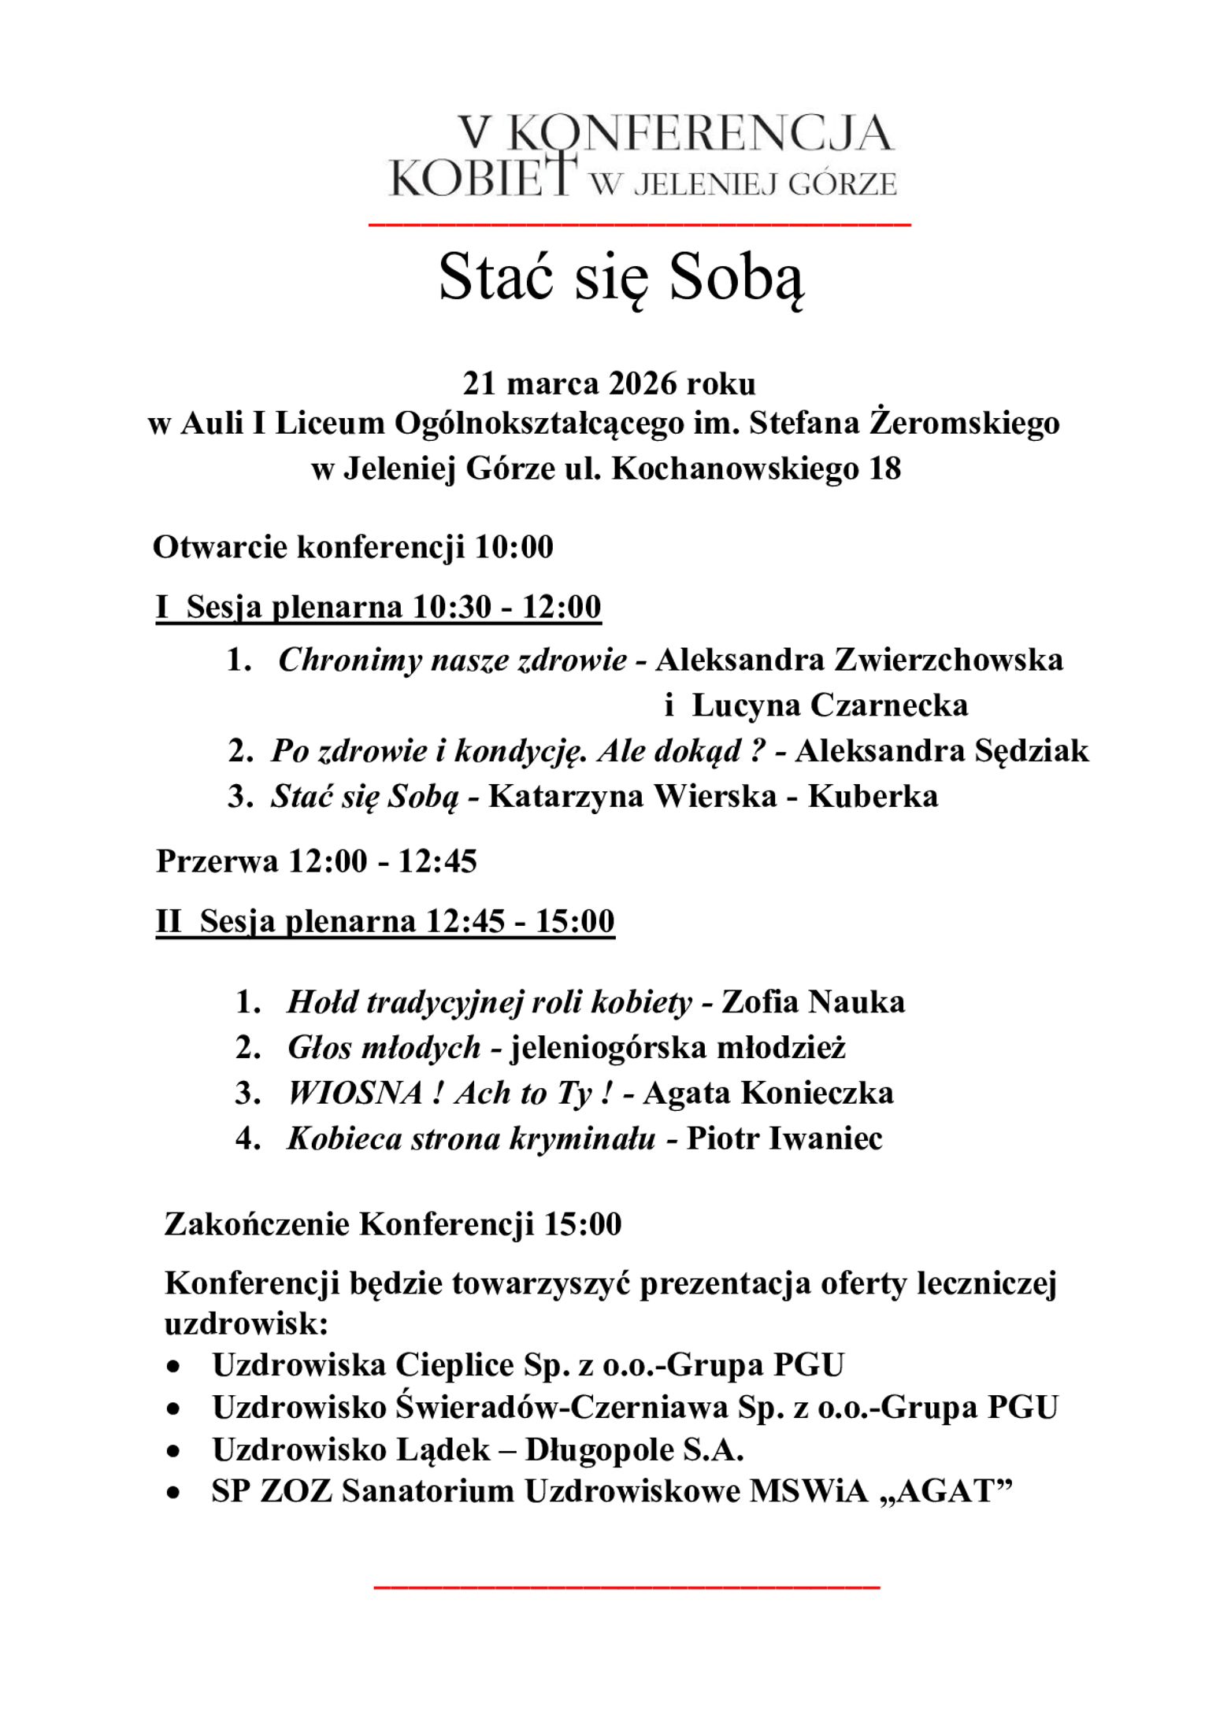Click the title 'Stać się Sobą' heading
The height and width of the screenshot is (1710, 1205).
point(621,278)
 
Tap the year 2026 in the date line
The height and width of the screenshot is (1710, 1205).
point(642,383)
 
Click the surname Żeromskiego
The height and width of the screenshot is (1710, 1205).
point(964,424)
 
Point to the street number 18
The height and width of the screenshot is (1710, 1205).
point(884,469)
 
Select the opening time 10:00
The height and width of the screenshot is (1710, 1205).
point(514,547)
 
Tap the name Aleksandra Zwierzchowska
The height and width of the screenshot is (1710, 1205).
point(858,660)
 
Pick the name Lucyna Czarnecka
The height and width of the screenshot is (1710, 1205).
point(829,705)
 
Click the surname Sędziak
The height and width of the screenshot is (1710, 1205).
point(1032,751)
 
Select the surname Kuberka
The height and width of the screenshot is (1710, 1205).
point(873,797)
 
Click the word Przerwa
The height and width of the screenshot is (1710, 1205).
point(217,861)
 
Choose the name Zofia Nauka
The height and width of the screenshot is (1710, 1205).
point(813,1002)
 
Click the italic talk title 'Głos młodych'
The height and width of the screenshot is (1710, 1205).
point(384,1048)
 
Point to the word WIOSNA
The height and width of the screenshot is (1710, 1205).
point(355,1094)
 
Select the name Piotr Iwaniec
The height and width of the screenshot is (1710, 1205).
point(784,1139)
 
